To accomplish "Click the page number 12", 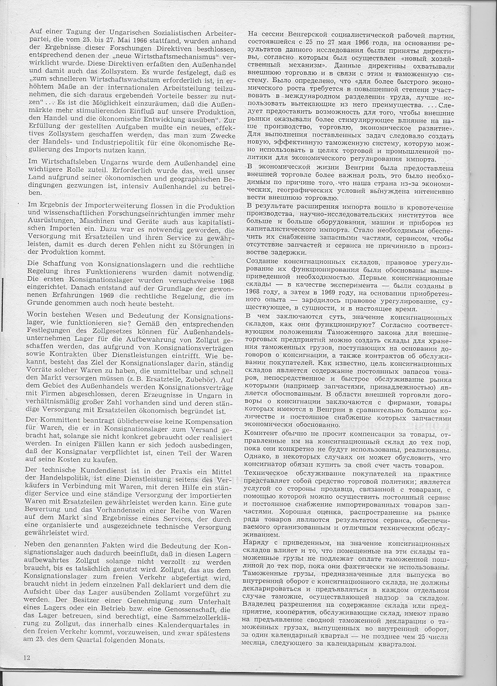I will pyautogui.click(x=27, y=658).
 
